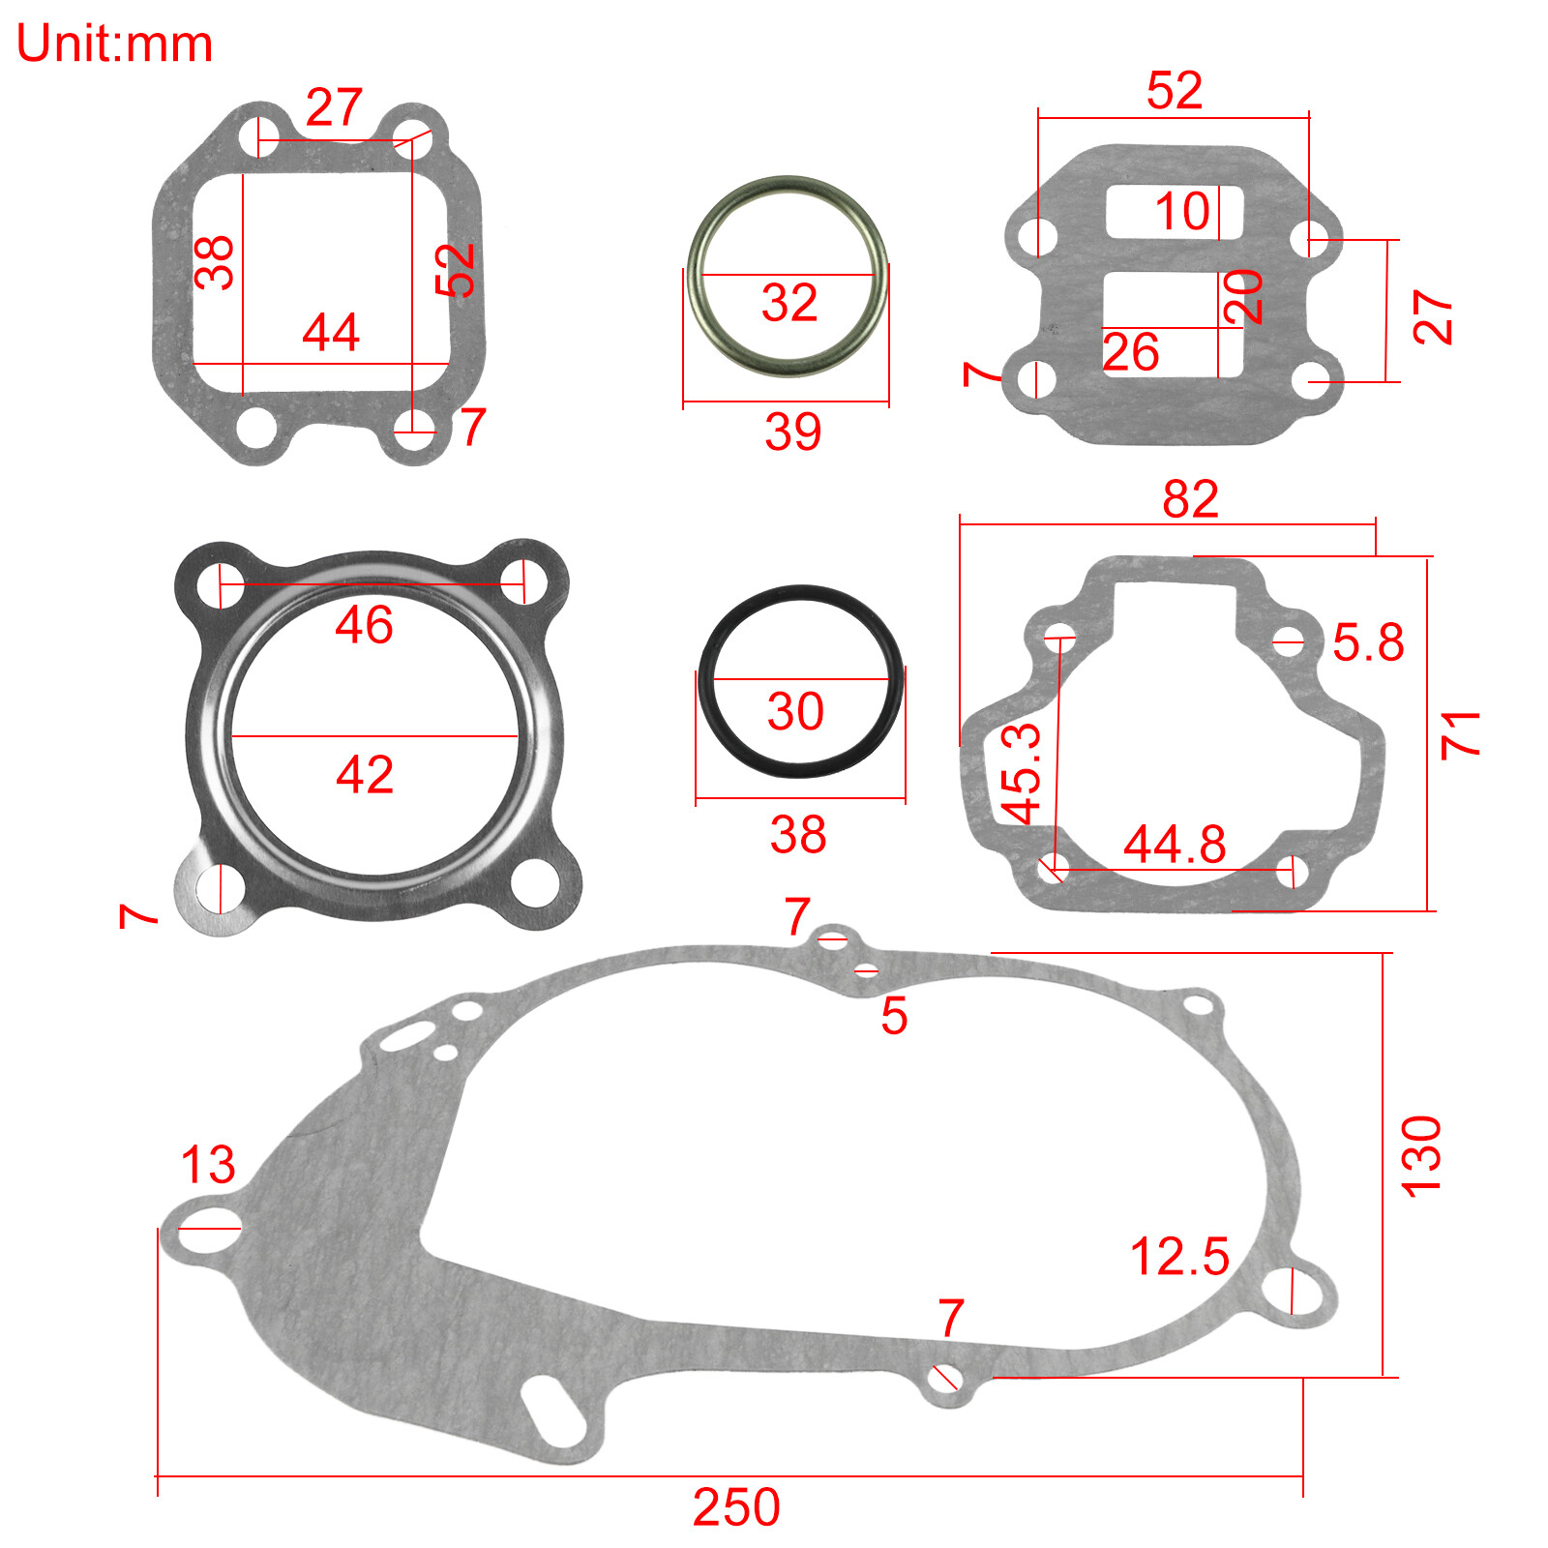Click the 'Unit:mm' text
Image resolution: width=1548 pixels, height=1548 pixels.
(114, 45)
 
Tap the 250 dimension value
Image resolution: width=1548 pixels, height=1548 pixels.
(736, 1506)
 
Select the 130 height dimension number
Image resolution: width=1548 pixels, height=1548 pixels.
(1421, 1156)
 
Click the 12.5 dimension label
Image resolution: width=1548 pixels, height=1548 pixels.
(1179, 1257)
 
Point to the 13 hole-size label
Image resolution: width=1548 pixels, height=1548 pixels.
(208, 1164)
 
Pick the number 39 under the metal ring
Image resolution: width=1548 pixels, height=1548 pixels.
(792, 432)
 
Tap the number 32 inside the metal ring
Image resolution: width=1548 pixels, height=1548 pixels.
(789, 303)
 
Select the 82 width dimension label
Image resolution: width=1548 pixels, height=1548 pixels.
(1190, 499)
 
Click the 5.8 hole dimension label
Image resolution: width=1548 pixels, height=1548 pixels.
(1368, 642)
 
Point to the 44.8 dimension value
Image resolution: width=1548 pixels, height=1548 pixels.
(1175, 845)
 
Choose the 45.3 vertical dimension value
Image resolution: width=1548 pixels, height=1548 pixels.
(1022, 773)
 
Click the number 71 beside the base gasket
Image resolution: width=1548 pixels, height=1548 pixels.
(1460, 734)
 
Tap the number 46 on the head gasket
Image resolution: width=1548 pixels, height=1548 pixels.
(364, 624)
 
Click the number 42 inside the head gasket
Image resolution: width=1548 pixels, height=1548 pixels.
(365, 774)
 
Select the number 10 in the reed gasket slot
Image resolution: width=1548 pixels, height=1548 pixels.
(1182, 211)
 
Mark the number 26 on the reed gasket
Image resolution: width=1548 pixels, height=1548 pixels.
(1130, 352)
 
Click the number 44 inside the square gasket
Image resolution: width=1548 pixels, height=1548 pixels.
(331, 333)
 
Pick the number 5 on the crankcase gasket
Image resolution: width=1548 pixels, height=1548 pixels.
(894, 1016)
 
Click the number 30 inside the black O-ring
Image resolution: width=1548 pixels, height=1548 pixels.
(795, 711)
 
